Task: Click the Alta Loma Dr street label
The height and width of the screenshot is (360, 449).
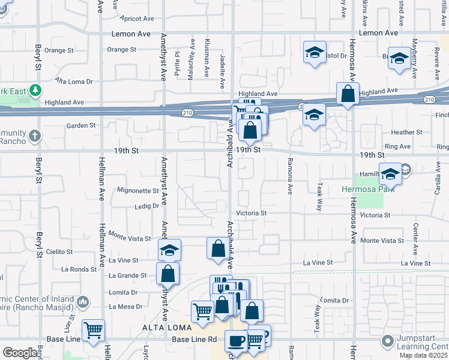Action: tap(74, 80)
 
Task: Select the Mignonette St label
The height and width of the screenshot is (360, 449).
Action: tap(137, 191)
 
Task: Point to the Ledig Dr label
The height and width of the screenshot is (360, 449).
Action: tap(146, 206)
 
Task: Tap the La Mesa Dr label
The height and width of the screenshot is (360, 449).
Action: tap(125, 306)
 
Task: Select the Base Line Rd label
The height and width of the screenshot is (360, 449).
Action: tap(194, 340)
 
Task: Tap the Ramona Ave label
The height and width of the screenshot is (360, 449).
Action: tap(289, 181)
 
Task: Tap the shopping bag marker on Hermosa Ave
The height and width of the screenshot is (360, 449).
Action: tap(348, 94)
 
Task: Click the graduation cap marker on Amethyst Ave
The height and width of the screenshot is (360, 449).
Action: tap(170, 249)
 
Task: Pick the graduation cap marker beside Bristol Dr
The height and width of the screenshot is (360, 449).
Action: tap(315, 52)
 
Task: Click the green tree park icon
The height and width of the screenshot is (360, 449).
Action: tap(35, 91)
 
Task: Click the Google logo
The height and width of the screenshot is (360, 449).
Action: tap(20, 353)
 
